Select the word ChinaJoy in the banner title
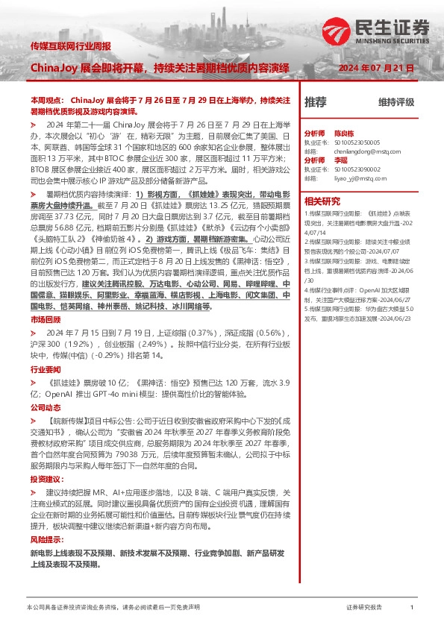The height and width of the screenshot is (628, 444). (53, 68)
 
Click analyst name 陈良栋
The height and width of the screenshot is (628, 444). (344, 131)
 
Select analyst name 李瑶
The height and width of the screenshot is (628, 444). (340, 160)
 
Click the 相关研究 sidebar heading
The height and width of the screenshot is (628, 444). (322, 200)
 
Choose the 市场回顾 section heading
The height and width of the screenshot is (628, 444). (43, 318)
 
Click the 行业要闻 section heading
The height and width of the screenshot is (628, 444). (43, 368)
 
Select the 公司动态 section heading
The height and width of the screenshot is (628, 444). (43, 408)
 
